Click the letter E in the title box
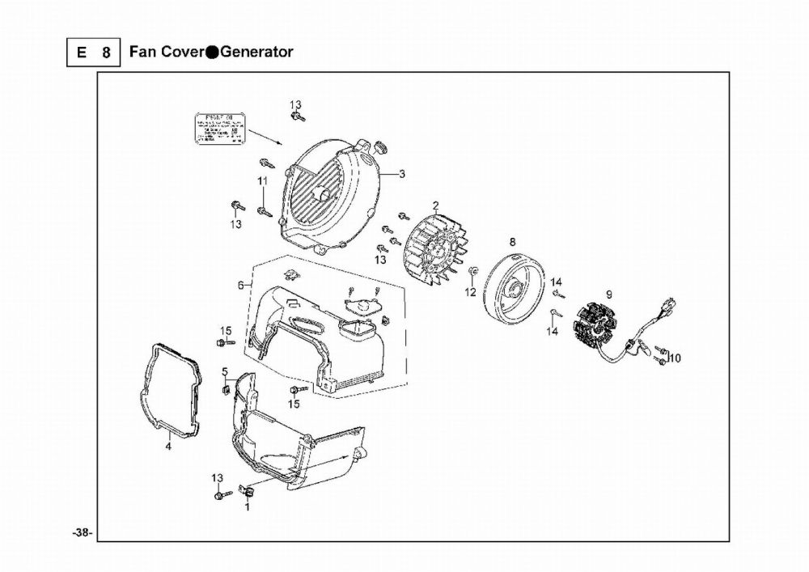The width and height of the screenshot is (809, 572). (x=81, y=53)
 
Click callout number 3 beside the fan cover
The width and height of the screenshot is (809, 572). (x=403, y=174)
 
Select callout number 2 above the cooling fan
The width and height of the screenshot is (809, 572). (x=435, y=205)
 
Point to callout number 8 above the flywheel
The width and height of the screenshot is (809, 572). (x=512, y=241)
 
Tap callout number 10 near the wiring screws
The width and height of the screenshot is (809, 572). (x=676, y=358)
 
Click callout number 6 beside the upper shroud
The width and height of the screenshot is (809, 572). (x=240, y=285)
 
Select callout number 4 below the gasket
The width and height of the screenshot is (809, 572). (x=168, y=445)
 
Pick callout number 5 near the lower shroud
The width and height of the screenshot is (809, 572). (x=224, y=371)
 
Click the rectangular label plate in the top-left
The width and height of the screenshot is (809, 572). (x=217, y=130)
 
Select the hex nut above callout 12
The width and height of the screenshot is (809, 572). (x=472, y=269)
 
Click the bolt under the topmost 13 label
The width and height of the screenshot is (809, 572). (x=297, y=118)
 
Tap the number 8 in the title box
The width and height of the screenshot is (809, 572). (x=106, y=53)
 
